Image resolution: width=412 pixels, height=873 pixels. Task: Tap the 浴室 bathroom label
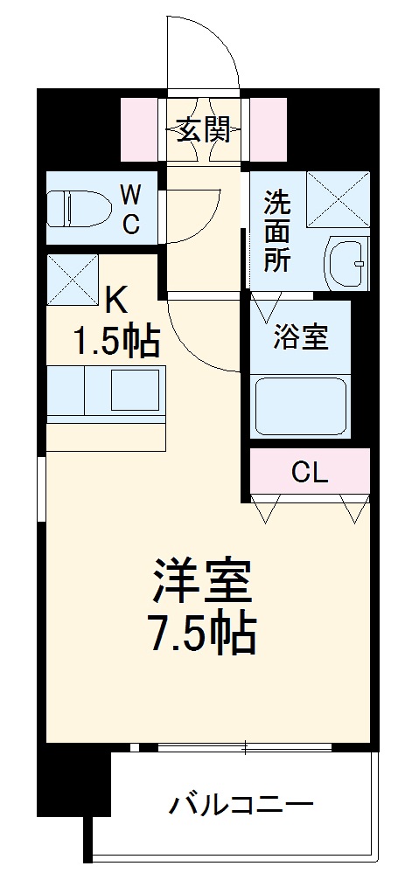(300, 338)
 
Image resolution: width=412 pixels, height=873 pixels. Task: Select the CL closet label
(310, 474)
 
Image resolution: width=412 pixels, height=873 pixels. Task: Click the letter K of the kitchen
(115, 301)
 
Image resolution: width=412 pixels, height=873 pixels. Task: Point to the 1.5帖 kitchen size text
(117, 342)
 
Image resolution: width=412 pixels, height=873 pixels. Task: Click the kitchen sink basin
(135, 390)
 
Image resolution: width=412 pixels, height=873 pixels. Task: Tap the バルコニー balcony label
(241, 803)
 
